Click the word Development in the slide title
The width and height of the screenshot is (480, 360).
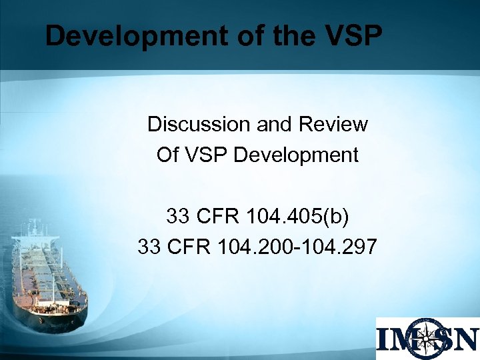pos(118,36)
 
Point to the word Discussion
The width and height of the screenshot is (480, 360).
pos(189,124)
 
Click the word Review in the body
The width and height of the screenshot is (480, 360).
pos(334,124)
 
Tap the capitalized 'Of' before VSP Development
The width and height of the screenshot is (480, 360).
pos(167,155)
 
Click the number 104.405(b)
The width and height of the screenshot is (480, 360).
pos(297,217)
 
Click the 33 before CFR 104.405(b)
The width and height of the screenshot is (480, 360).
pos(178,217)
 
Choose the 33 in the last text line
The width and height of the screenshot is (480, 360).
pos(149,247)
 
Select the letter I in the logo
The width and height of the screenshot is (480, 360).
pos(385,339)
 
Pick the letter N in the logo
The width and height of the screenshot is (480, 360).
pos(466,339)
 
